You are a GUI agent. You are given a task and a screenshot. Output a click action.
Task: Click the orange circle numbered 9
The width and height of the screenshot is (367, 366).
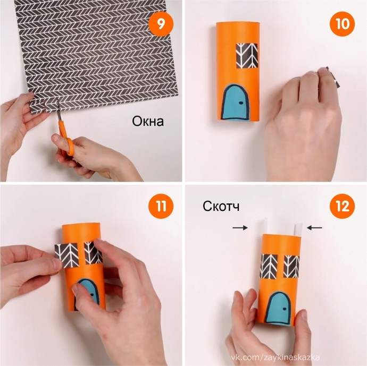pyautogui.click(x=161, y=23)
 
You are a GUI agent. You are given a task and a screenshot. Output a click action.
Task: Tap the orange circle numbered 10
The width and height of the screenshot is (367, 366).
pyautogui.click(x=342, y=23)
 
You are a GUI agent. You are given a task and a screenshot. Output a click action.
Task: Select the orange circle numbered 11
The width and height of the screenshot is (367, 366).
pyautogui.click(x=161, y=206)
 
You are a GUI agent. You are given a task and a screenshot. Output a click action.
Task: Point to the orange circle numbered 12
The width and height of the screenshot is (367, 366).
pyautogui.click(x=342, y=206)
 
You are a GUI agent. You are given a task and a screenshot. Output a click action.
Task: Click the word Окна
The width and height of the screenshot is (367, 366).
pyautogui.click(x=148, y=121)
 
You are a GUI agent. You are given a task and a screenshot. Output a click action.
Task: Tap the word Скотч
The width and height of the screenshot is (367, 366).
pyautogui.click(x=221, y=206)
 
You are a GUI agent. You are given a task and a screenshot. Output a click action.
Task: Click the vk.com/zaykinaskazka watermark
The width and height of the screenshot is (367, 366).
pyautogui.click(x=276, y=358)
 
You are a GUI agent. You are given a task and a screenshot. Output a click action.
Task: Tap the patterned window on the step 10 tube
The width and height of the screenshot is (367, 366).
pyautogui.click(x=247, y=56)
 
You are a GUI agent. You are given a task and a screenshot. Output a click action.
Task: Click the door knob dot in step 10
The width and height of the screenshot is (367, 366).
pyautogui.click(x=240, y=103)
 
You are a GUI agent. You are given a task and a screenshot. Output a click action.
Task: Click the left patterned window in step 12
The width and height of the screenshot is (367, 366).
pyautogui.click(x=269, y=267)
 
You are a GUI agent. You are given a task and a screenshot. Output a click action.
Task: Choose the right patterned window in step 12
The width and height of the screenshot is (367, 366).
pyautogui.click(x=291, y=267)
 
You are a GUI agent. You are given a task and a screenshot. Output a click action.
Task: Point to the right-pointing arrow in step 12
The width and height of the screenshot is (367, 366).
pyautogui.click(x=240, y=227)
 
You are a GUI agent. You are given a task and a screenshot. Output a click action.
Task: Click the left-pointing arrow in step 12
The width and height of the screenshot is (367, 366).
pyautogui.click(x=314, y=227)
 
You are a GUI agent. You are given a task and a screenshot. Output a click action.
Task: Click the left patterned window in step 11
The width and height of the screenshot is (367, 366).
pyautogui.click(x=66, y=255)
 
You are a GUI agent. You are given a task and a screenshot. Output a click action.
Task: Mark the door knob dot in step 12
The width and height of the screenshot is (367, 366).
pyautogui.click(x=285, y=309)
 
